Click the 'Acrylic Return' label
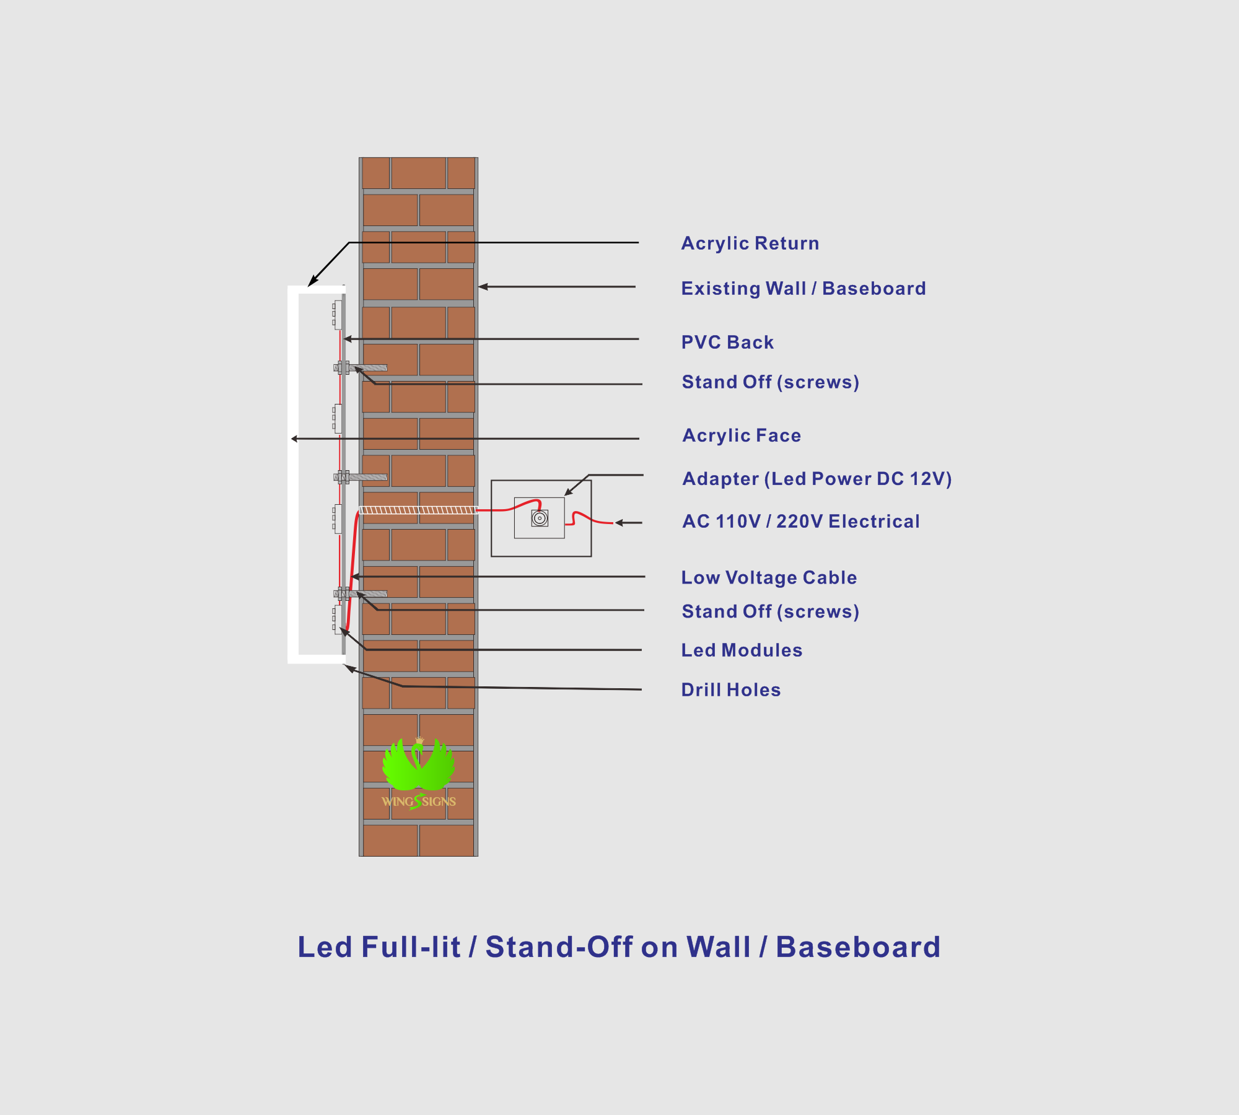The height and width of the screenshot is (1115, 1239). tap(750, 243)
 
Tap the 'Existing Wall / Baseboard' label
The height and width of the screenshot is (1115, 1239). tap(803, 289)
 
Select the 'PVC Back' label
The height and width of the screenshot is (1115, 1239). tap(727, 343)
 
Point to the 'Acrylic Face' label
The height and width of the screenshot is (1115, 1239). tap(742, 435)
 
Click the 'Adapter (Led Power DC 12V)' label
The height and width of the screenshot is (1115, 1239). tap(817, 479)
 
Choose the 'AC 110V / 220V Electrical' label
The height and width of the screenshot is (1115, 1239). tap(801, 522)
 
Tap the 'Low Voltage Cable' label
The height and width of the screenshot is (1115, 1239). tap(769, 577)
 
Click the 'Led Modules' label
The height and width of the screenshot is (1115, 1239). tap(742, 650)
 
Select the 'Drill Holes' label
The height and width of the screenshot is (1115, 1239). tap(731, 690)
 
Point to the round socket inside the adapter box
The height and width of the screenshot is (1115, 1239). tap(540, 518)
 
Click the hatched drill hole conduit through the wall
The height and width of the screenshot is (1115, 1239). tap(419, 510)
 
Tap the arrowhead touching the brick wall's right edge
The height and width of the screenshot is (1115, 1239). tap(483, 287)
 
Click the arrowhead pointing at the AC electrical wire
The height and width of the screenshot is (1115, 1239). tap(619, 523)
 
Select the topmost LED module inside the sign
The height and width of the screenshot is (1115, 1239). tap(338, 315)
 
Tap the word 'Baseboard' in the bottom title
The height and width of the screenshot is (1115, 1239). tap(859, 947)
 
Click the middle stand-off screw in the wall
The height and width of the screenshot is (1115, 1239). tap(361, 477)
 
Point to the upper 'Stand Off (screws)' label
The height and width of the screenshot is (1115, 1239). tap(771, 382)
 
